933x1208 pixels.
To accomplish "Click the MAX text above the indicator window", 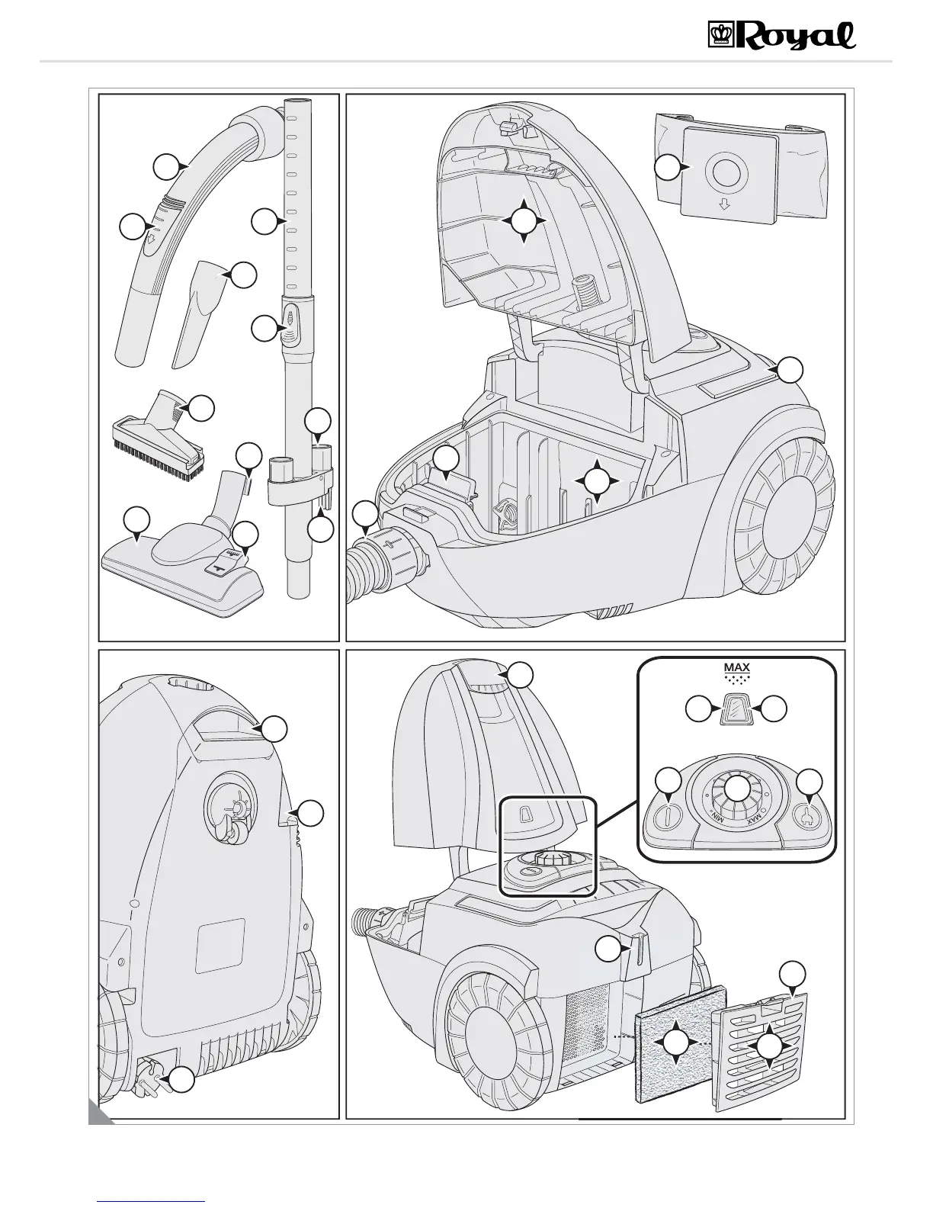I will pyautogui.click(x=737, y=668).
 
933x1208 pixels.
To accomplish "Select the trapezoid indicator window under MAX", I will pyautogui.click(x=737, y=710).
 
